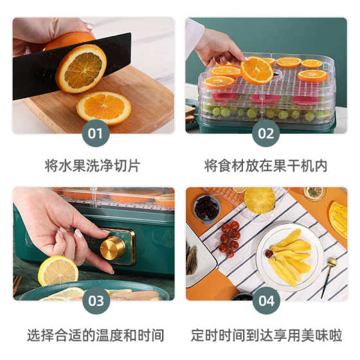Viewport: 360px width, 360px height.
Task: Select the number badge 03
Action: click(x=95, y=300)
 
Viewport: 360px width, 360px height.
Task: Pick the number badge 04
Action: click(x=266, y=300)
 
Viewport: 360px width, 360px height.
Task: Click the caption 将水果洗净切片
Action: click(x=94, y=165)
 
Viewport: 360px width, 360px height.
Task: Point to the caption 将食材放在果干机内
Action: click(x=265, y=165)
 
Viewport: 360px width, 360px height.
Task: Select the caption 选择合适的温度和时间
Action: click(x=94, y=335)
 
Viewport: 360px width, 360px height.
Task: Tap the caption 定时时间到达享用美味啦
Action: click(x=265, y=335)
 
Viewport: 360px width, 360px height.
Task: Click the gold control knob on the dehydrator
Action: click(x=113, y=248)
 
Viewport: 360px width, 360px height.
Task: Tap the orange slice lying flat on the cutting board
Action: click(x=104, y=107)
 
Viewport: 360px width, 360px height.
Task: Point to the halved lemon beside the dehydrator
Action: click(x=58, y=270)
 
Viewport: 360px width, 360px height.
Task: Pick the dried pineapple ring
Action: click(x=259, y=200)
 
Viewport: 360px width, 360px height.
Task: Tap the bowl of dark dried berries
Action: click(x=206, y=208)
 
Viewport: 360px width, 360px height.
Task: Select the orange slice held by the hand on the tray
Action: click(x=256, y=69)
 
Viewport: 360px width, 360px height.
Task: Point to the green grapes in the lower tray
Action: click(x=270, y=114)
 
